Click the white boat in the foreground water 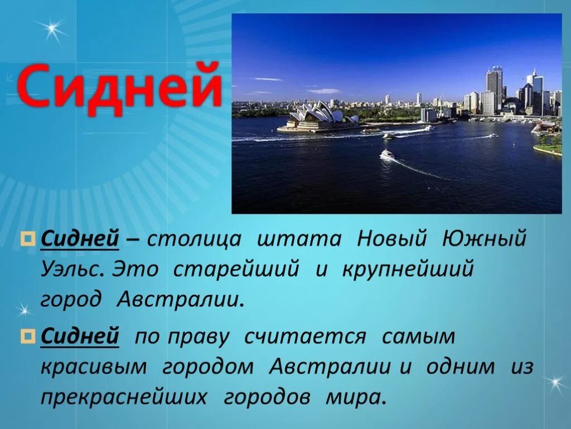point(387,154)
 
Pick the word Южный point(484,240)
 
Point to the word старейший point(236,269)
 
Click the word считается point(305,337)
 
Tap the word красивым point(94,367)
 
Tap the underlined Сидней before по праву point(80,337)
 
